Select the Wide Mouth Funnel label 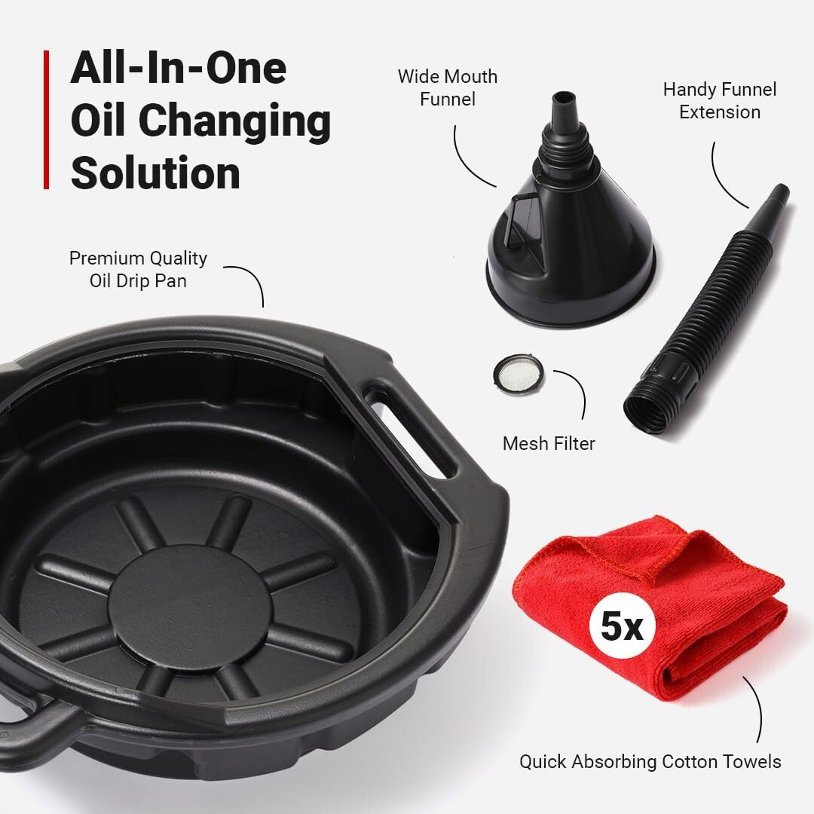coord(448,87)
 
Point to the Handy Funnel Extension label coord(719,100)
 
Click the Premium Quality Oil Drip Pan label coord(138,268)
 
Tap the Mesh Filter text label coord(549,443)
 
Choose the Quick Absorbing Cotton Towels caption coord(650,761)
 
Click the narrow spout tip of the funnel coord(562,101)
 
